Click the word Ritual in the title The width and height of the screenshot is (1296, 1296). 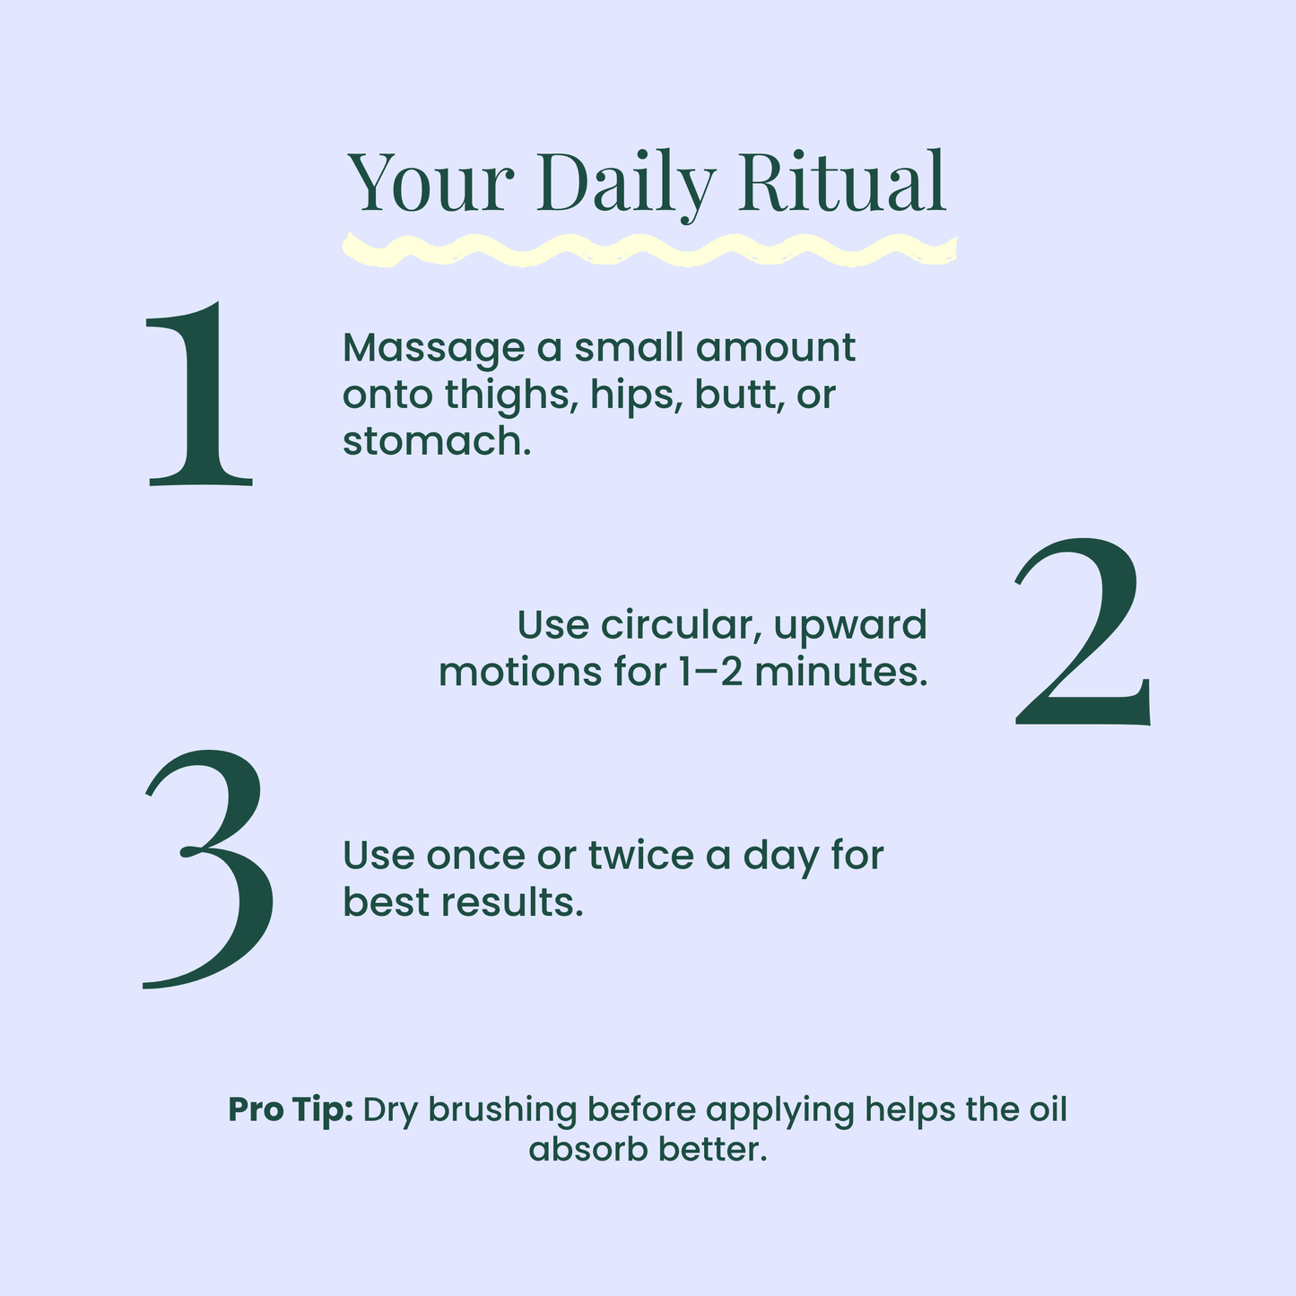tap(842, 182)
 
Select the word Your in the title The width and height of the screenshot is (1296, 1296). tap(431, 182)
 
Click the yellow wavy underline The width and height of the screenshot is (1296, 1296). tap(649, 250)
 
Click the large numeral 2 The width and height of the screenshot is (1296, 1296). tap(1082, 632)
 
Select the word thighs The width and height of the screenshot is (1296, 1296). tap(511, 396)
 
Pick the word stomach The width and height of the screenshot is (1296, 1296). tap(437, 442)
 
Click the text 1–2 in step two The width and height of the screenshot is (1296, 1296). tap(710, 672)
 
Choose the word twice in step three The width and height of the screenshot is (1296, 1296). tap(641, 857)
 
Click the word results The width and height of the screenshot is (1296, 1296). tap(512, 903)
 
